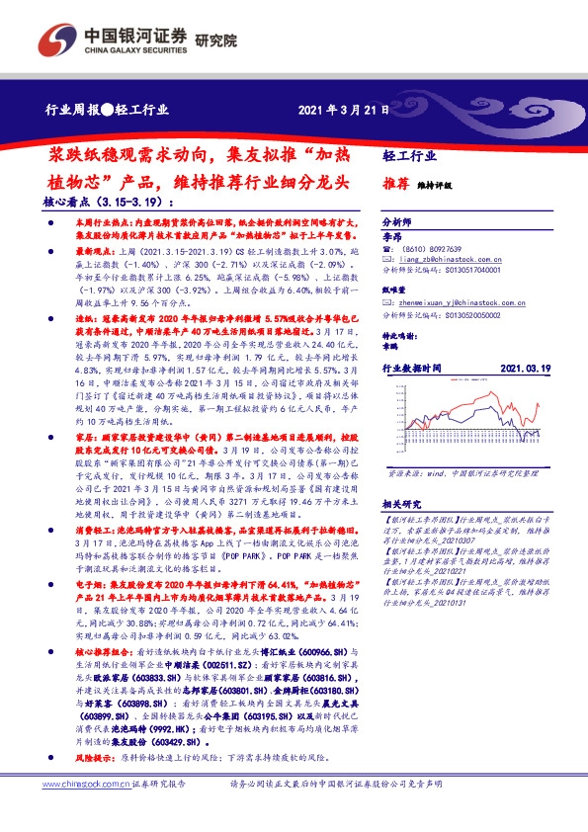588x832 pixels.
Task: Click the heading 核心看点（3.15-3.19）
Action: pyautogui.click(x=95, y=201)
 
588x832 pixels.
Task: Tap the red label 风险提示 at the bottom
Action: pyautogui.click(x=95, y=757)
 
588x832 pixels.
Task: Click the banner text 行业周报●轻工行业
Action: pyautogui.click(x=106, y=110)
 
